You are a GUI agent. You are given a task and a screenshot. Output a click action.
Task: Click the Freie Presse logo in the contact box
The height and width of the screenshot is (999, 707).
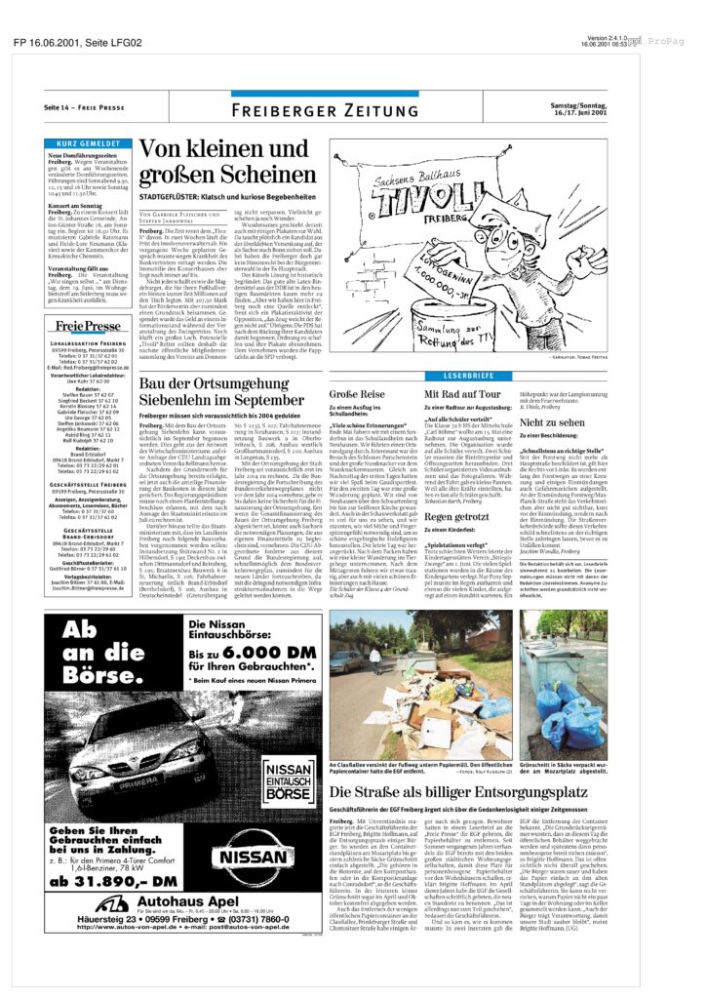tap(88, 326)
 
